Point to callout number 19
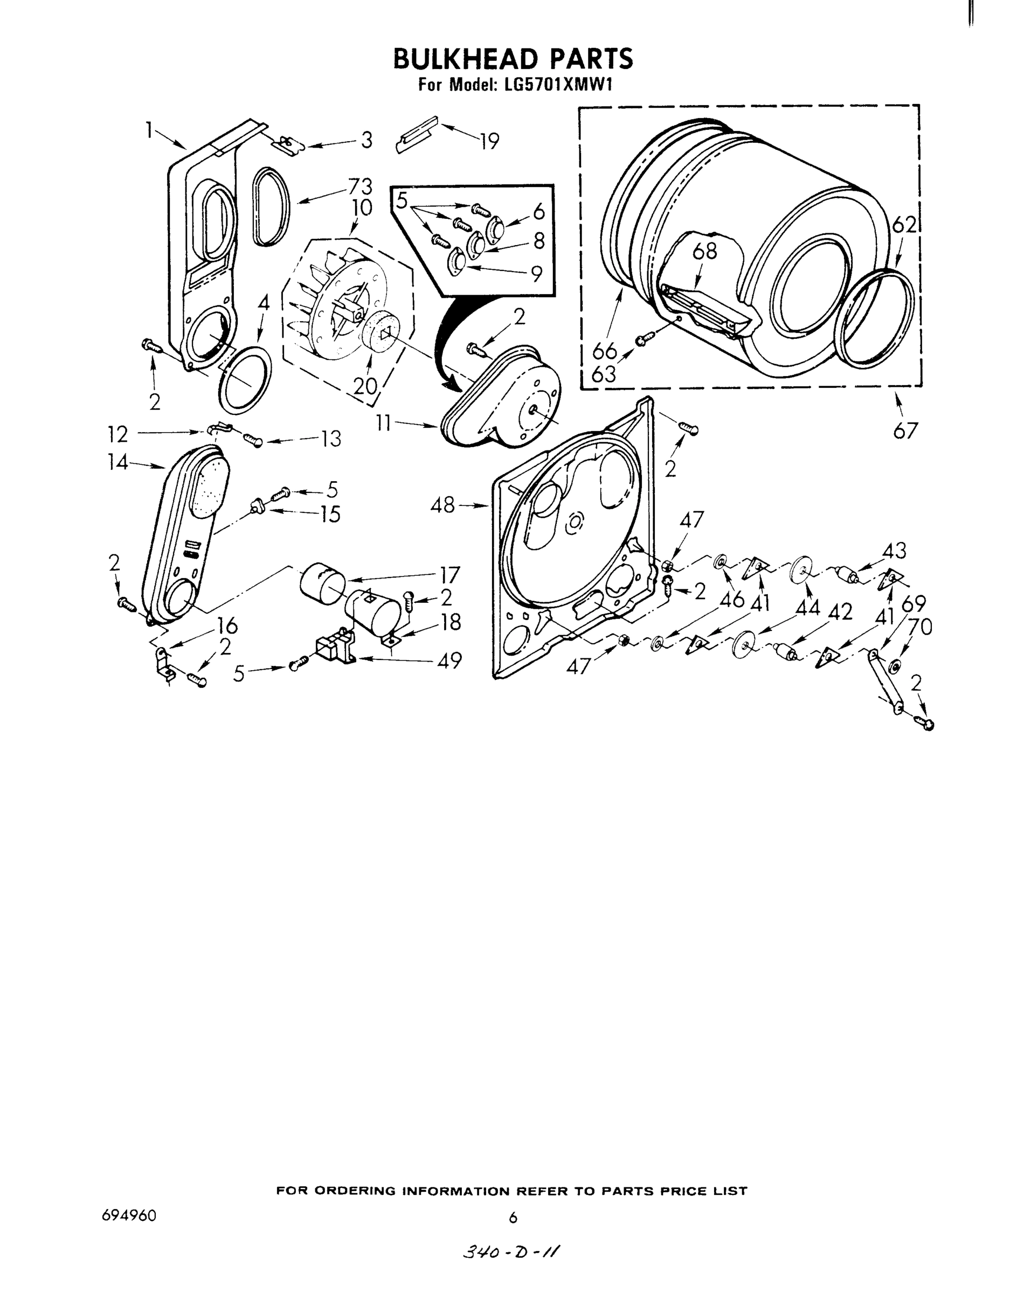pyautogui.click(x=489, y=142)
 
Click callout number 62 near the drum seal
pyautogui.click(x=904, y=225)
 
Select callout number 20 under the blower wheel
pyautogui.click(x=365, y=386)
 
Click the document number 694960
pyautogui.click(x=129, y=1215)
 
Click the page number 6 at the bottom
pyautogui.click(x=513, y=1218)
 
